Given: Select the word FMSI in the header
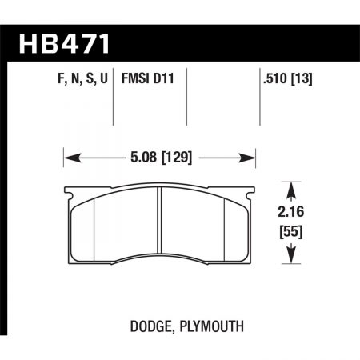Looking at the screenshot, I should tap(133, 81).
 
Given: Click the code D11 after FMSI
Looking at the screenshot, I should tap(163, 81).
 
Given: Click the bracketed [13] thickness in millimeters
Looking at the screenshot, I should tap(302, 81).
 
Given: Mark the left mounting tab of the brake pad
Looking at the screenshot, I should tap(68, 191).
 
